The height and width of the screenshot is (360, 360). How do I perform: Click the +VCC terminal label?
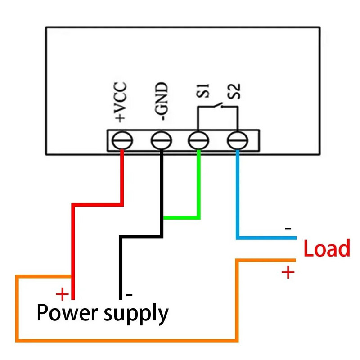[121, 103]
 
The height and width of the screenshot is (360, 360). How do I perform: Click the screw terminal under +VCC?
[121, 141]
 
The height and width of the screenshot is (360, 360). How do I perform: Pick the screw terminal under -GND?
[161, 141]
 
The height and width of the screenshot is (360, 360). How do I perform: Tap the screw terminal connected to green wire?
[198, 141]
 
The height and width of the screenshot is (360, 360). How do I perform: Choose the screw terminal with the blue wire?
[237, 141]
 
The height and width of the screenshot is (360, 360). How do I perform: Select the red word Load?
[327, 249]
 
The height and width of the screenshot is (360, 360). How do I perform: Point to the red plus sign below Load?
[288, 272]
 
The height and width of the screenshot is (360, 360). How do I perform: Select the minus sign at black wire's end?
[129, 295]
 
